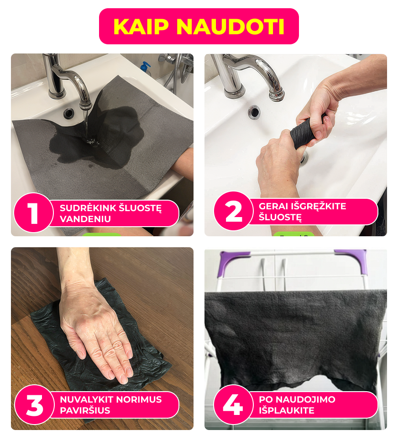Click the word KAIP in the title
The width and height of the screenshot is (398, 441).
click(141, 27)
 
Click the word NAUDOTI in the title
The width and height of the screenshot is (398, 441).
click(230, 27)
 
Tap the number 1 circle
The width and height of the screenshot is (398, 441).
click(33, 213)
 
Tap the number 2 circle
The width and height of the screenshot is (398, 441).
click(233, 211)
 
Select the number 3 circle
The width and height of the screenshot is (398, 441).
click(34, 405)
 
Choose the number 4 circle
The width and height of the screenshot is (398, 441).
click(233, 404)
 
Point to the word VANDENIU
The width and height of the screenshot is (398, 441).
click(85, 219)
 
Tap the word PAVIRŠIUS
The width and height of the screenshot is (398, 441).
click(85, 410)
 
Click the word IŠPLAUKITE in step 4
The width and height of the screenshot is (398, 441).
click(287, 410)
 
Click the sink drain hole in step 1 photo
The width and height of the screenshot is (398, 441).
click(69, 113)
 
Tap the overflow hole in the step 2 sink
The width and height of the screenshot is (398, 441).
click(254, 112)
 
